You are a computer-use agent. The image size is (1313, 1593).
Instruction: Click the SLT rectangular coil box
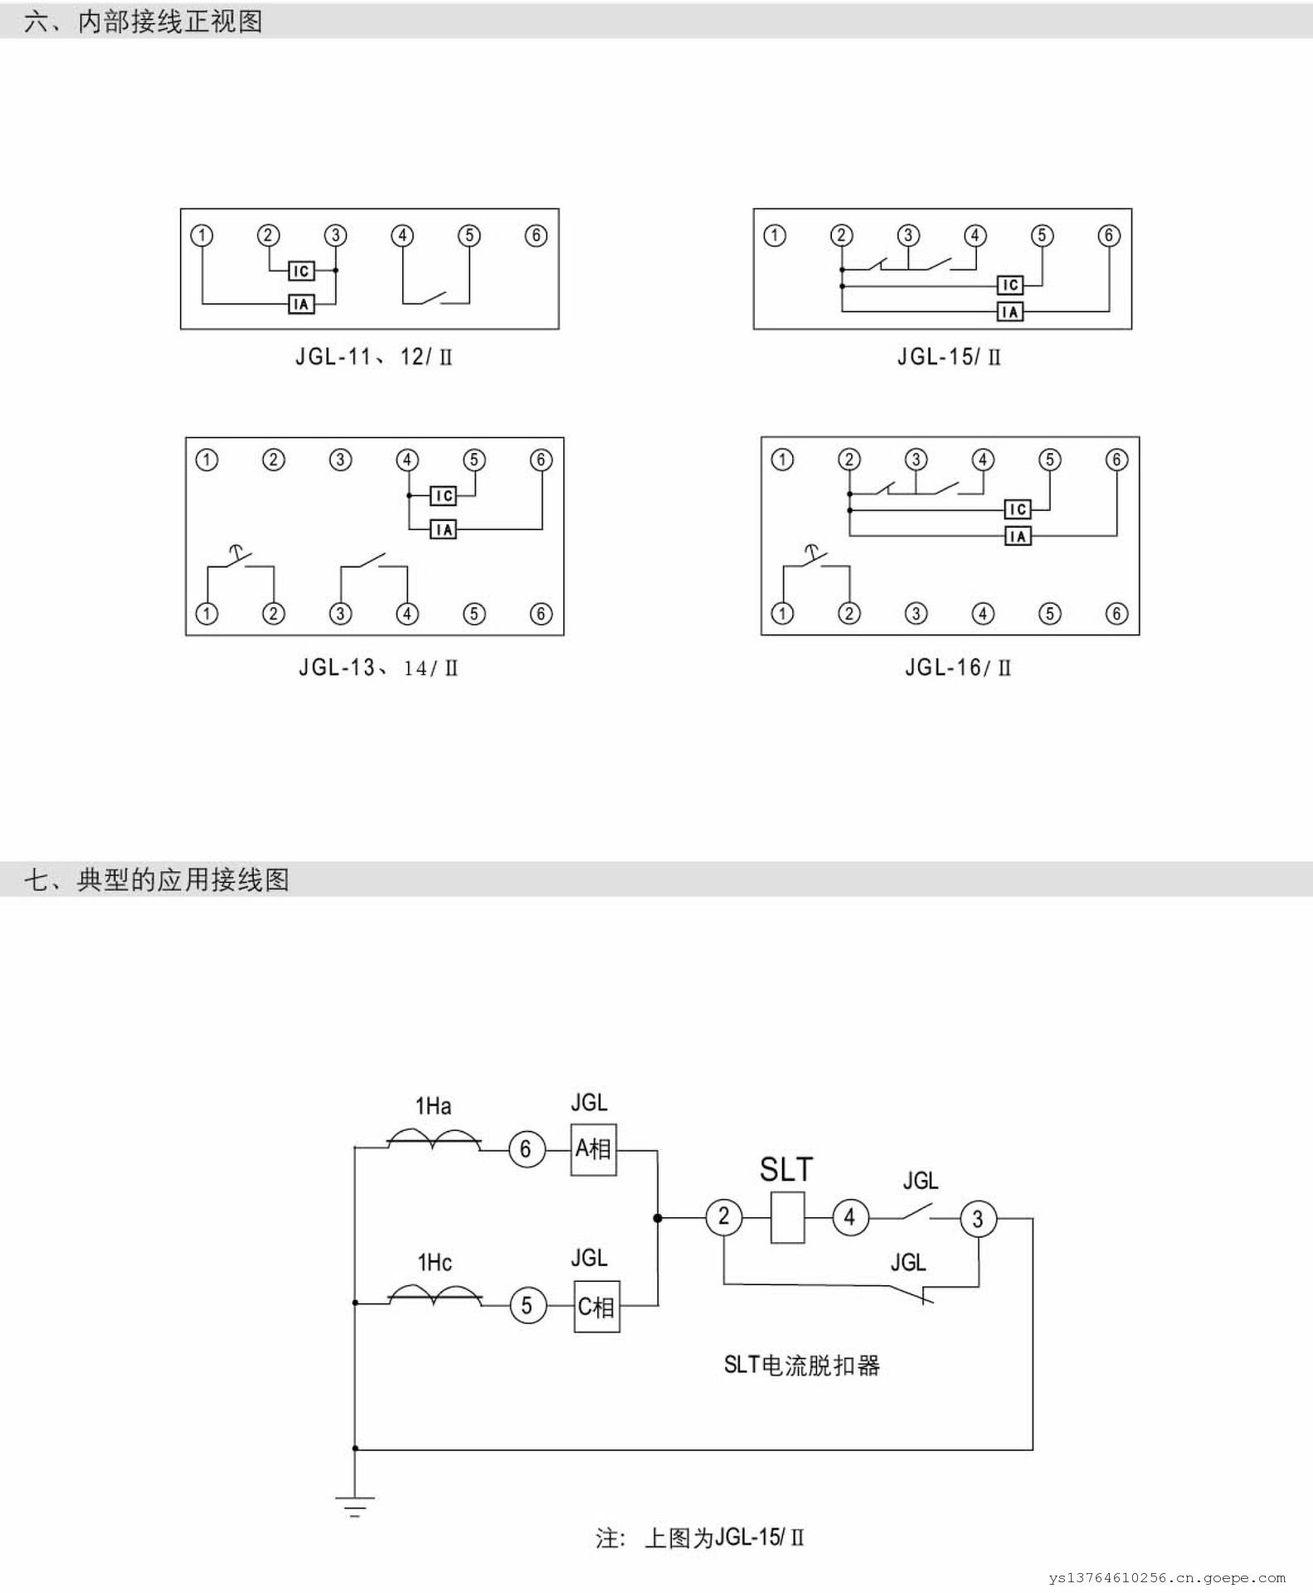click(x=787, y=1218)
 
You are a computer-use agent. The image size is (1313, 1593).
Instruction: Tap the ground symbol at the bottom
click(x=355, y=1505)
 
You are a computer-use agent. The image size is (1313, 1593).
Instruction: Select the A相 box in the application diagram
click(x=593, y=1149)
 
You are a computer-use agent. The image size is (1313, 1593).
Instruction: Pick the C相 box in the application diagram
click(x=596, y=1307)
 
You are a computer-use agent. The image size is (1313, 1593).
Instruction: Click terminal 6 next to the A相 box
click(x=526, y=1149)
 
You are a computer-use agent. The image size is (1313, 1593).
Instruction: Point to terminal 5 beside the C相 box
click(x=527, y=1306)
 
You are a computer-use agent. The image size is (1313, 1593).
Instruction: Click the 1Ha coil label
click(x=433, y=1106)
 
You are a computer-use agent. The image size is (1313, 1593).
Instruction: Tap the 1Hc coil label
click(x=435, y=1263)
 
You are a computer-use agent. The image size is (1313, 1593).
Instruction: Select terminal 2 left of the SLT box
click(x=723, y=1217)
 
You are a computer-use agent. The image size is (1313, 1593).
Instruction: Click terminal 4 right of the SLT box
click(x=849, y=1218)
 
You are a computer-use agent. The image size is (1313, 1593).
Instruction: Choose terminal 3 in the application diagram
click(x=978, y=1219)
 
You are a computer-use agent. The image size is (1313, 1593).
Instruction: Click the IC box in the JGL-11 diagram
click(x=301, y=270)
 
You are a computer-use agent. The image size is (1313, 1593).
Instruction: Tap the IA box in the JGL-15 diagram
click(x=1009, y=312)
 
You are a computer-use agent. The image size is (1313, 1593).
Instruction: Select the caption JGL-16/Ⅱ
click(x=958, y=668)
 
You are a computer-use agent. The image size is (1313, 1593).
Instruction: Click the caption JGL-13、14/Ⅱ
click(x=378, y=668)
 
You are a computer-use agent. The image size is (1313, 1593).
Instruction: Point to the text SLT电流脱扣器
click(x=801, y=1365)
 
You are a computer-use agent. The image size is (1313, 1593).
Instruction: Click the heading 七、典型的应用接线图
click(x=157, y=879)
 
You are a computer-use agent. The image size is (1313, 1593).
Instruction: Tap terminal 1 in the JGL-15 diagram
click(x=775, y=236)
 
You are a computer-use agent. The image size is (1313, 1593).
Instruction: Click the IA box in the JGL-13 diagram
click(x=443, y=529)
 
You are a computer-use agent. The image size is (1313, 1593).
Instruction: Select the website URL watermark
click(x=1166, y=1578)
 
